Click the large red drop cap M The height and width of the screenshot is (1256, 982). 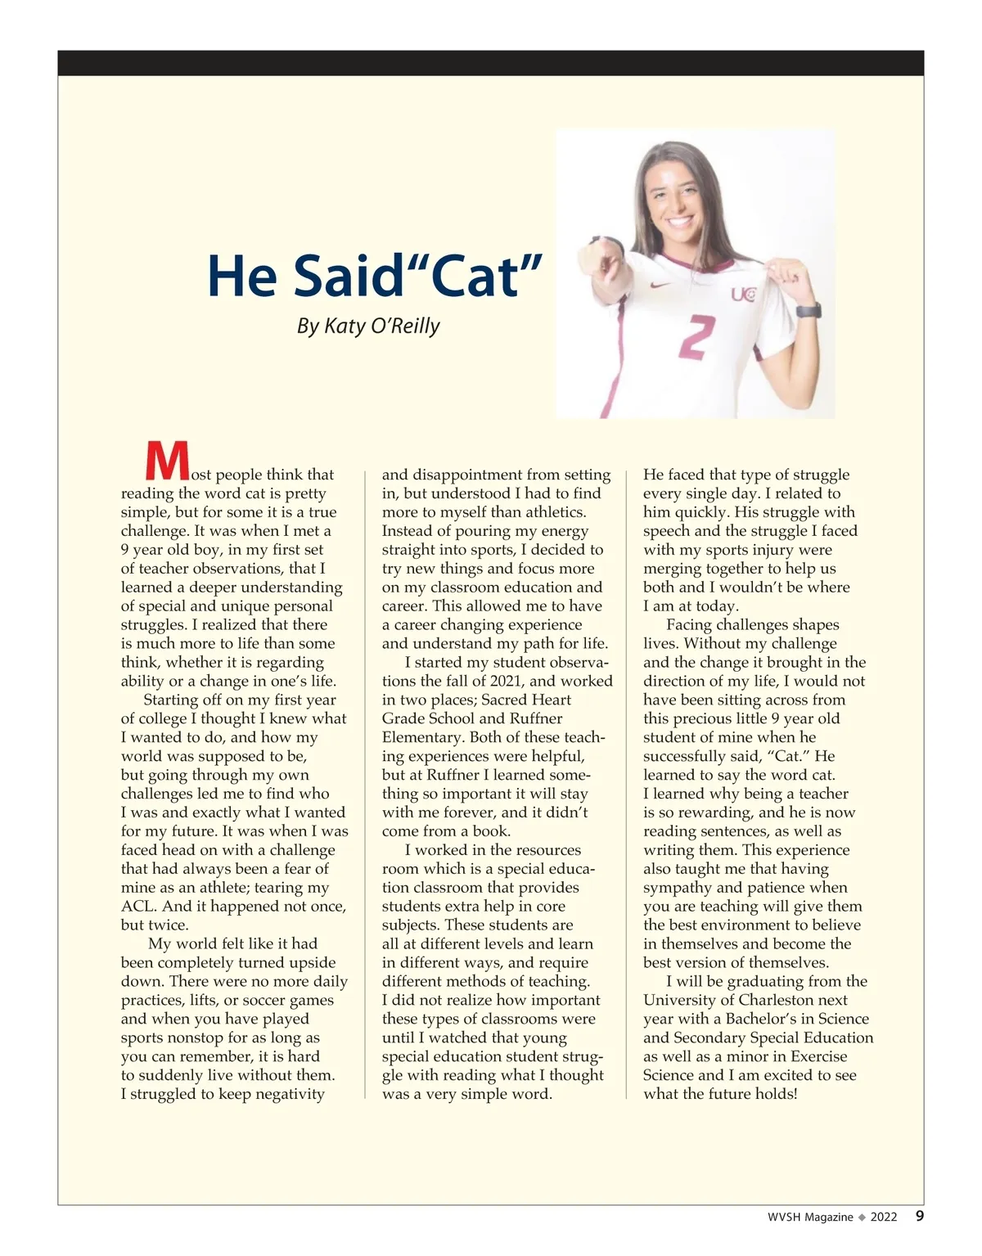point(167,461)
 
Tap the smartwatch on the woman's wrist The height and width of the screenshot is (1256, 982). point(808,311)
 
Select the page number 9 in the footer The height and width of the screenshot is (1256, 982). point(920,1216)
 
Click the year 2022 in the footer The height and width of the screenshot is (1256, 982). point(884,1217)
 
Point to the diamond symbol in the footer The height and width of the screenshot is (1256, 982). point(861,1217)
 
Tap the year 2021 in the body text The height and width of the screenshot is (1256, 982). point(509,681)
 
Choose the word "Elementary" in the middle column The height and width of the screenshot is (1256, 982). point(421,737)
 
